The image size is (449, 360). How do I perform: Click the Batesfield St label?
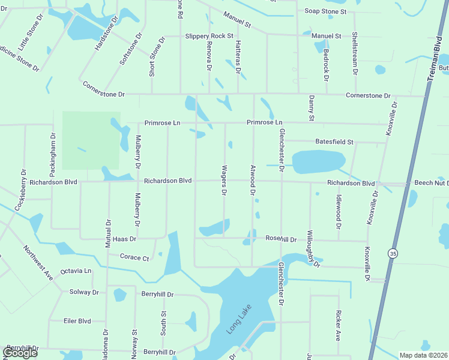tap(334, 142)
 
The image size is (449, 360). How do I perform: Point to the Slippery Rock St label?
tap(209, 36)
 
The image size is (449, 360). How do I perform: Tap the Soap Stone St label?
tap(325, 11)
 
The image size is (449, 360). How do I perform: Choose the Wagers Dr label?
tap(224, 180)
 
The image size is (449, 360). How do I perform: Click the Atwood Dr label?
tap(253, 180)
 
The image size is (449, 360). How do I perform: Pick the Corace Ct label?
tap(134, 258)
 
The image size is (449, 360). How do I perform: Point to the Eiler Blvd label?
tap(77, 321)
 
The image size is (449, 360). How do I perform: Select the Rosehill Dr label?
tap(281, 239)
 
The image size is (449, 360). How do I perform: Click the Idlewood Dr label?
tap(339, 211)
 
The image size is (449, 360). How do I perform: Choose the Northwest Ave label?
tap(38, 262)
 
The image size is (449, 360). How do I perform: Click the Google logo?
tap(20, 353)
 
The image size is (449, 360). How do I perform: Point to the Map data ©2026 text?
tap(423, 355)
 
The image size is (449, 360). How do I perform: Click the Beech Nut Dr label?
tap(431, 182)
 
